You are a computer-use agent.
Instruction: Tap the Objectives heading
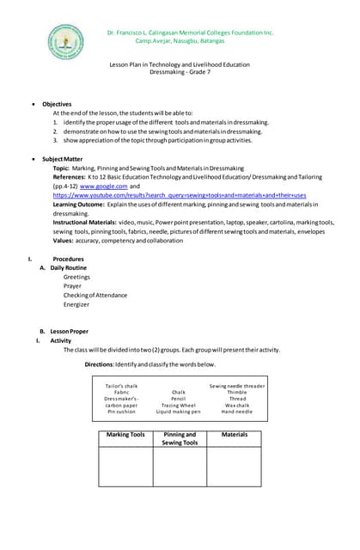click(57, 104)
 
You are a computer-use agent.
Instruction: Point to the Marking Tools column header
click(125, 435)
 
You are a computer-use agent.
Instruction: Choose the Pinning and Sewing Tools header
click(180, 438)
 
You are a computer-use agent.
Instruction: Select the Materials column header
click(234, 435)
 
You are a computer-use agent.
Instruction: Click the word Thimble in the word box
click(237, 393)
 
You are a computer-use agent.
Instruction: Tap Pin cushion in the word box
click(121, 412)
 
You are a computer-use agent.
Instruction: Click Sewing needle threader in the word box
click(237, 386)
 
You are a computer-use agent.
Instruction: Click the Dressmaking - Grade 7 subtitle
click(180, 73)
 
